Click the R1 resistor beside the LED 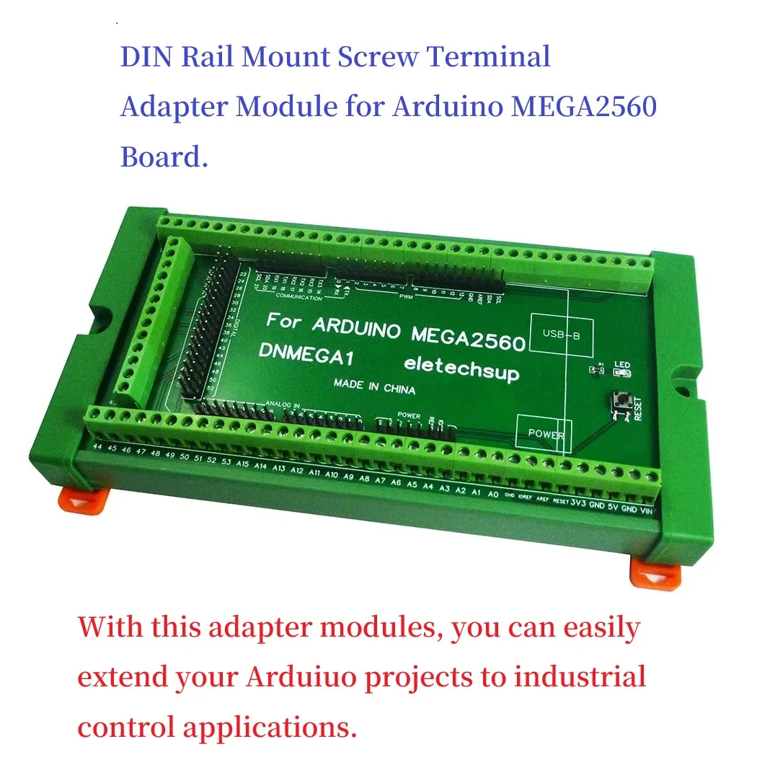[596, 371]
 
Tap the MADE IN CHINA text [374, 386]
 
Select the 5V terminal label [614, 506]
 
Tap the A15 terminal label [242, 464]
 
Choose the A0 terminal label [493, 495]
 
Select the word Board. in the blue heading [164, 156]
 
